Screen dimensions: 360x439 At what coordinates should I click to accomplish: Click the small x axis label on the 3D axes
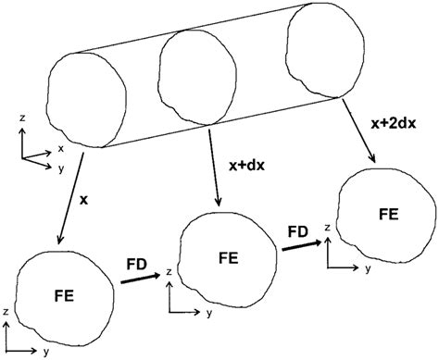61,147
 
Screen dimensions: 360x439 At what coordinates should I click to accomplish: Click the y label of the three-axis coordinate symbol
62,169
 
